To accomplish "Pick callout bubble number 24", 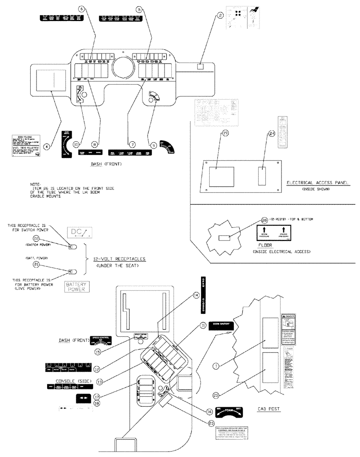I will click(271, 133).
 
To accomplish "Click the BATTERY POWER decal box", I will click(76, 287).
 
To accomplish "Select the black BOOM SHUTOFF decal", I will click(221, 325).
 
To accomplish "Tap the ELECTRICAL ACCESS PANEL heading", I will click(318, 182).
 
